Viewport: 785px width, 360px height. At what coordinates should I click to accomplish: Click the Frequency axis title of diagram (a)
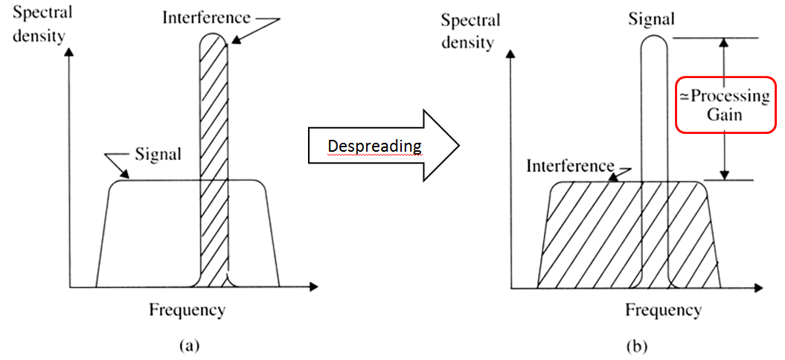pos(187,309)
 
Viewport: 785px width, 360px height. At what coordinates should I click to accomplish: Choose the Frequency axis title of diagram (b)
pos(662,309)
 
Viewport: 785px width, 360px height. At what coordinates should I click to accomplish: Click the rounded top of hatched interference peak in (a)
pos(214,38)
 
